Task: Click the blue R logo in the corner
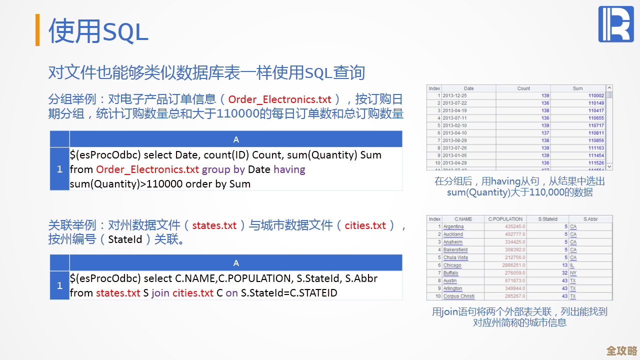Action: coord(616,24)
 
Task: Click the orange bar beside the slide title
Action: coord(37,30)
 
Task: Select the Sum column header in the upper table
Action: coord(577,88)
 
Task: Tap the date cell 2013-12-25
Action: coord(454,95)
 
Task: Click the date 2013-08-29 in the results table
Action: coord(454,140)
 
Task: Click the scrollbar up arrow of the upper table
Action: coord(609,88)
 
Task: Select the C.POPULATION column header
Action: coord(505,219)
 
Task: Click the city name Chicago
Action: coord(452,265)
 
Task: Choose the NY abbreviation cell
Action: coord(573,273)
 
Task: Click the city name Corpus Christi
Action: coord(459,296)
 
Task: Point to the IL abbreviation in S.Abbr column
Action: coord(572,265)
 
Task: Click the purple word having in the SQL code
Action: coord(289,169)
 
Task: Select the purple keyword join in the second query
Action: coord(160,293)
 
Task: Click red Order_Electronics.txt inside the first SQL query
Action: coord(147,169)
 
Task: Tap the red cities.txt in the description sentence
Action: coord(365,225)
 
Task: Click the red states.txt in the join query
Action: coord(118,293)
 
